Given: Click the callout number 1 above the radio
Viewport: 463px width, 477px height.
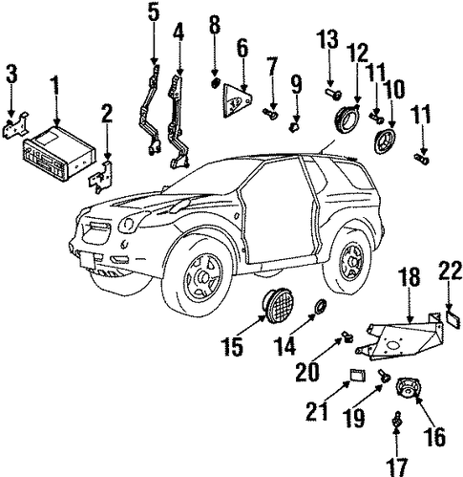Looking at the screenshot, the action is [x=55, y=82].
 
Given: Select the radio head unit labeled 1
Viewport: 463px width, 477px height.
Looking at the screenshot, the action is [x=59, y=152].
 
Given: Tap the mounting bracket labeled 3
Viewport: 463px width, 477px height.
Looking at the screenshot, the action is [x=15, y=127].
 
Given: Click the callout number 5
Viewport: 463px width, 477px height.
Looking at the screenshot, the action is [x=154, y=12].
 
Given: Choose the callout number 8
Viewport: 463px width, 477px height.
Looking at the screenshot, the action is [x=215, y=24].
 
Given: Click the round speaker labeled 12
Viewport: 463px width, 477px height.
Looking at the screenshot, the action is [x=347, y=117].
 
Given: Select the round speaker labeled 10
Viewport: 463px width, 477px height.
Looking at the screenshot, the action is [x=384, y=141].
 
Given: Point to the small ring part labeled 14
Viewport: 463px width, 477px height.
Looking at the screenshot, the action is [x=320, y=306].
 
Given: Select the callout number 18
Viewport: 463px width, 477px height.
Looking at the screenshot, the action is [x=410, y=276].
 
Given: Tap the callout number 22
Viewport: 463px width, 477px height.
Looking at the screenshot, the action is [x=451, y=271].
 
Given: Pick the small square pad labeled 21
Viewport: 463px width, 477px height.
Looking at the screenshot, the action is [x=357, y=375].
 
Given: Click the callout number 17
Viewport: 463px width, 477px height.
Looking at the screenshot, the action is [x=397, y=467].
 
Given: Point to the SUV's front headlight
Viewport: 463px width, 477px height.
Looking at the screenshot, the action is [x=129, y=223].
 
